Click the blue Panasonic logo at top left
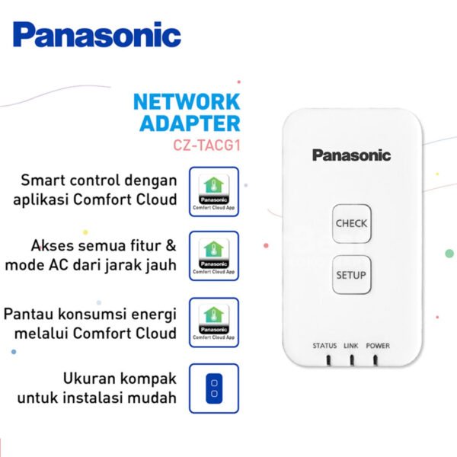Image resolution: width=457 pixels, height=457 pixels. pyautogui.click(x=97, y=35)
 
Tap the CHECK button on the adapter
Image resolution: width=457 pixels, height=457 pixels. pyautogui.click(x=351, y=223)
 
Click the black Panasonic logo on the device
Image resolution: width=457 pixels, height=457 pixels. pyautogui.click(x=351, y=155)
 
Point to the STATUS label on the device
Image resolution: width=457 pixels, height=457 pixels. pyautogui.click(x=324, y=346)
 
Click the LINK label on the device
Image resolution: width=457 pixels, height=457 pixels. pyautogui.click(x=351, y=346)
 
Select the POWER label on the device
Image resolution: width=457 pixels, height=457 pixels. pyautogui.click(x=378, y=346)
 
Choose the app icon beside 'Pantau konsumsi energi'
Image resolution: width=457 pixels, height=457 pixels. pyautogui.click(x=213, y=321)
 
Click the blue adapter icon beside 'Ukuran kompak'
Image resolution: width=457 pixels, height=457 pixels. pyautogui.click(x=214, y=388)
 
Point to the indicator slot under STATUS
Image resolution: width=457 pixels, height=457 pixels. pyautogui.click(x=325, y=360)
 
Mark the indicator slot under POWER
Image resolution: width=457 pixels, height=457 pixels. pyautogui.click(x=377, y=360)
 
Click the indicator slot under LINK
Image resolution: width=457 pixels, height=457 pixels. pyautogui.click(x=351, y=360)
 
